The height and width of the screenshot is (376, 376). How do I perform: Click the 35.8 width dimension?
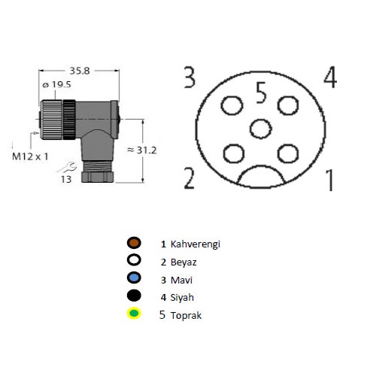(80, 71)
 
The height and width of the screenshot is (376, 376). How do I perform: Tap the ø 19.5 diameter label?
(56, 85)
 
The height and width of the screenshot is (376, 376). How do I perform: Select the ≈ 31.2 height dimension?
(142, 150)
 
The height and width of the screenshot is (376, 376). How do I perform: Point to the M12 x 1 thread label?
(30, 156)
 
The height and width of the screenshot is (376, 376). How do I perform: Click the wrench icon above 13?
(67, 167)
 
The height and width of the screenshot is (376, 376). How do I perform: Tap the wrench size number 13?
(66, 180)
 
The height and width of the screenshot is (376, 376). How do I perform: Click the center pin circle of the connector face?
(261, 129)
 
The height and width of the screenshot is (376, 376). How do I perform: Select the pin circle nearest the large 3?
(232, 105)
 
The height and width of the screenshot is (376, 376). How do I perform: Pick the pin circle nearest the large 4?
(288, 105)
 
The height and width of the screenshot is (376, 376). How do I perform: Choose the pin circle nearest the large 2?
(234, 153)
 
